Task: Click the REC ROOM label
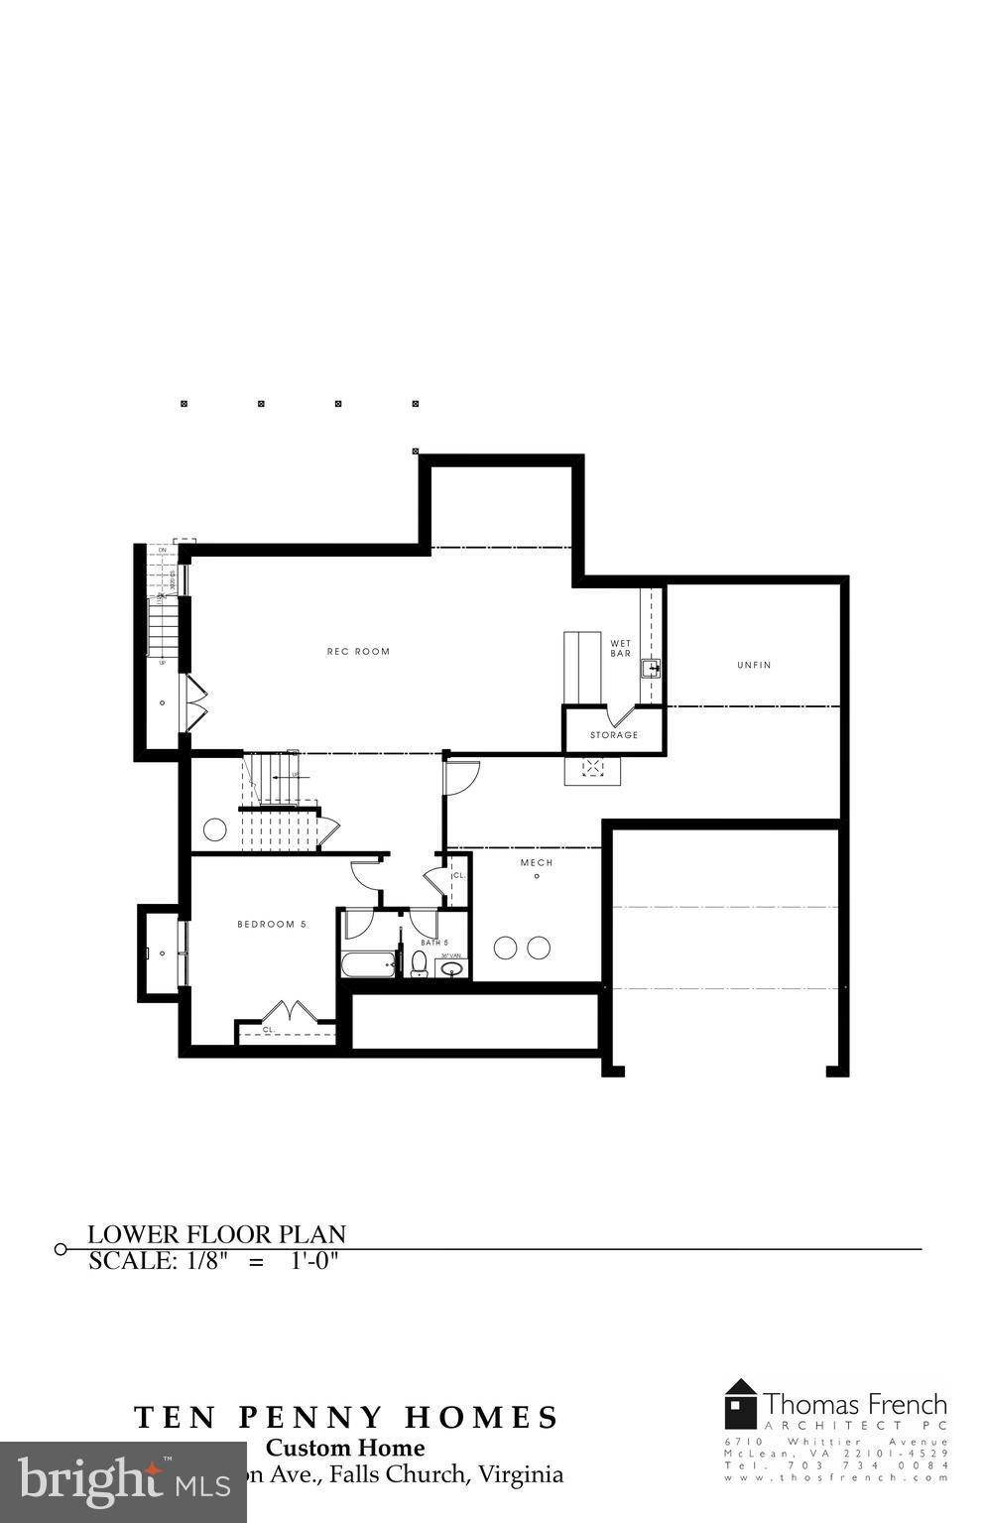tap(358, 652)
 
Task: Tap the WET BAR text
tap(620, 649)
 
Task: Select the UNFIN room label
tap(754, 665)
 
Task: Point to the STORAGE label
tap(614, 735)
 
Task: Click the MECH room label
tap(537, 862)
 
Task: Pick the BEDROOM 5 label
tap(272, 924)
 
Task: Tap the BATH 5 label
tap(434, 943)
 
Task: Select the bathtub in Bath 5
tap(369, 964)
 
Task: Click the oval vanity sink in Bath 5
tap(451, 968)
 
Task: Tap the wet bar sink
tap(651, 668)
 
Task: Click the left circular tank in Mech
tap(505, 948)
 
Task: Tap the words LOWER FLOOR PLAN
tap(217, 1234)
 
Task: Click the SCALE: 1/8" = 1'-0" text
tap(214, 1261)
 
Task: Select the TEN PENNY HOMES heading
tap(346, 1417)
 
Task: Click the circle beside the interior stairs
tap(214, 829)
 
